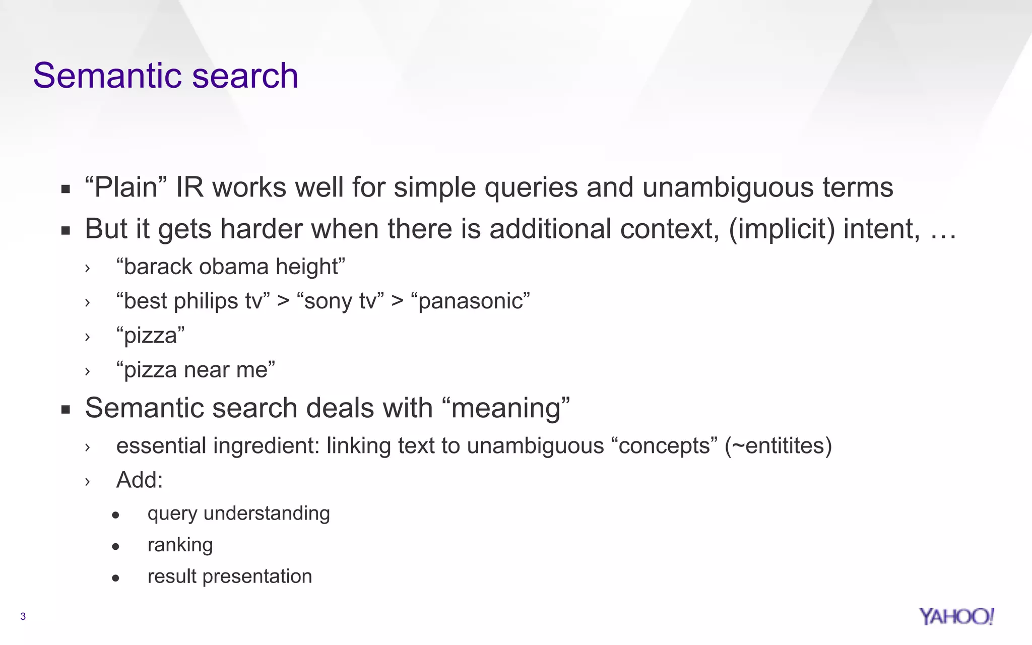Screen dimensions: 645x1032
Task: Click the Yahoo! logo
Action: (956, 616)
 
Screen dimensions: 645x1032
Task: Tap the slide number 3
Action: (23, 616)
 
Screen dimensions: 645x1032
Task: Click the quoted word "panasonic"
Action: (471, 301)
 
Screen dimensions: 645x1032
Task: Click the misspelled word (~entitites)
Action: (778, 446)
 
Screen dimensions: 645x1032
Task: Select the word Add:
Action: (140, 480)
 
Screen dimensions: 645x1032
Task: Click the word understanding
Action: (267, 513)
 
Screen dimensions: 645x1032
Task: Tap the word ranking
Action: (180, 545)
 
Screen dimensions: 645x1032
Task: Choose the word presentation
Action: (257, 576)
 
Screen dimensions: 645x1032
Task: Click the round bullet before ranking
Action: (116, 546)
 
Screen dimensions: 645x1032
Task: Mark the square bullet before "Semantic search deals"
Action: (66, 409)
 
